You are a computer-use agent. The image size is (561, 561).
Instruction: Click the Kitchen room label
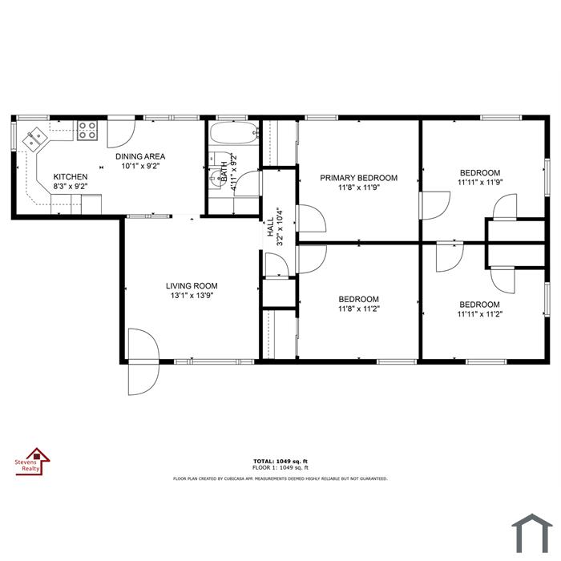point(71,177)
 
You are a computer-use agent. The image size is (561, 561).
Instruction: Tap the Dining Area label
point(140,156)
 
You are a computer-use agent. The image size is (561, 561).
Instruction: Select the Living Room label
point(192,286)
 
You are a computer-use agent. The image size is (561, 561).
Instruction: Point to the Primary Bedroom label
point(358,178)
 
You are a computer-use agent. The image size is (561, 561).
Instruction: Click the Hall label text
point(271,227)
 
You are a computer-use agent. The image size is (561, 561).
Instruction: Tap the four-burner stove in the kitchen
point(87,130)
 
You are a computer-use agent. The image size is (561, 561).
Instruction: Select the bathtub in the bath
point(234,133)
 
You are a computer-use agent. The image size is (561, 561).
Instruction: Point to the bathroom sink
point(216,177)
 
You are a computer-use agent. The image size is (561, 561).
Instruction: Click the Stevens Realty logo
point(32,462)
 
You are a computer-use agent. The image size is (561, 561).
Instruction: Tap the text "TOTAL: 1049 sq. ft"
point(280,462)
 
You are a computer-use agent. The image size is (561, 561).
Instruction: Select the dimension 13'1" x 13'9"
point(192,296)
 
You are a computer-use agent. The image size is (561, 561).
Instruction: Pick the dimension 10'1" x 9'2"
point(140,166)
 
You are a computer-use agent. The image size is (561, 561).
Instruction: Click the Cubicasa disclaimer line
point(280,478)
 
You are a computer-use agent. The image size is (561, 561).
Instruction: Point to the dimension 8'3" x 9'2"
point(71,186)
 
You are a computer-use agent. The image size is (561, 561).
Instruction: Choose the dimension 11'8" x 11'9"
point(358,187)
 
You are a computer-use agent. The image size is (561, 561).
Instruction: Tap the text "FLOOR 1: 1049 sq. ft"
point(280,467)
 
